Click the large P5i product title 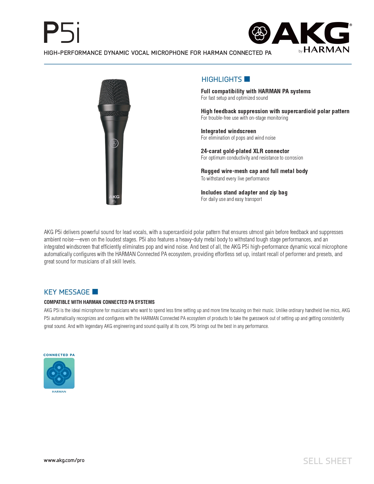tap(62, 33)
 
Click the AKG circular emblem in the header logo tap(259, 33)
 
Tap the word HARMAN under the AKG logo tap(326, 50)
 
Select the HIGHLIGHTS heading tap(221, 79)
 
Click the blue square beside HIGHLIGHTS tap(247, 79)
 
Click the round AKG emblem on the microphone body tap(114, 143)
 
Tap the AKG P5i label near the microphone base tap(114, 199)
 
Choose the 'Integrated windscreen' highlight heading tap(228, 131)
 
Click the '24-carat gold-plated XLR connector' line tap(245, 151)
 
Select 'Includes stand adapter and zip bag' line tap(244, 192)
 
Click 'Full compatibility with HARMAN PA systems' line tap(255, 91)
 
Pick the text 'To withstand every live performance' tap(235, 179)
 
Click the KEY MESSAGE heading tap(67, 292)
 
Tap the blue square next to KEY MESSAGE tap(95, 292)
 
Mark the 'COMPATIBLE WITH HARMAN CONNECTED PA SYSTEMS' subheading tap(99, 302)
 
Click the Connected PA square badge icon tap(59, 373)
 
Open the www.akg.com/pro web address tap(64, 460)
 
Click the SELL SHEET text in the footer tap(327, 461)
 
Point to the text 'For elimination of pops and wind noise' tap(238, 138)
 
